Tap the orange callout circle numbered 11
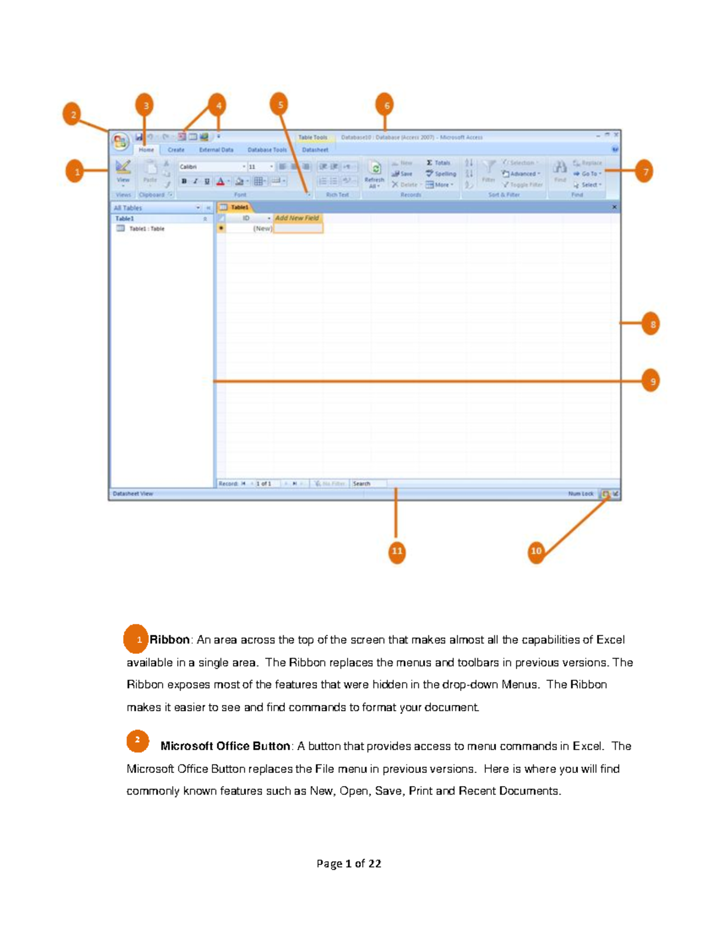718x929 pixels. pos(397,551)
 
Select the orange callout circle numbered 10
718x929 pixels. pos(536,551)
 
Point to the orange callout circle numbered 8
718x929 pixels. pos(651,324)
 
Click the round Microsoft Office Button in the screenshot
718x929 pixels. pos(120,142)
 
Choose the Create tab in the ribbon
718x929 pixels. pos(176,150)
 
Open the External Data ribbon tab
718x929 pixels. pos(216,150)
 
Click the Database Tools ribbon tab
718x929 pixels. pos(267,150)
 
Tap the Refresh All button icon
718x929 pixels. pos(375,169)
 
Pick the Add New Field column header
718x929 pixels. pos(297,218)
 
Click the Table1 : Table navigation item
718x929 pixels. pos(146,229)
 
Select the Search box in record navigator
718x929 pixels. pos(367,483)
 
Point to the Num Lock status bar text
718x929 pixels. pos(580,494)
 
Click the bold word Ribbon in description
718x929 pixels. pos(169,640)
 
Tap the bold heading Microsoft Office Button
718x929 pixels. pos(225,746)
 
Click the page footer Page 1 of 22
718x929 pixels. pos(349,864)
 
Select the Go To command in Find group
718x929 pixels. pos(588,174)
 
